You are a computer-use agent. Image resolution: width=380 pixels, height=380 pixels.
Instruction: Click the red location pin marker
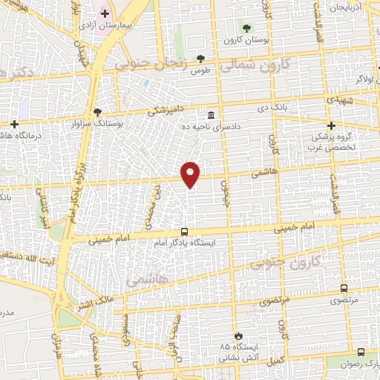coord(191,174)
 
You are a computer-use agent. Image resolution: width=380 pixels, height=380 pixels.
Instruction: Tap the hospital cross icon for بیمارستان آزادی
coord(105,13)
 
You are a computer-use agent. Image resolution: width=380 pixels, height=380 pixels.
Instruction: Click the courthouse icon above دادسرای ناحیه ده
coord(212,115)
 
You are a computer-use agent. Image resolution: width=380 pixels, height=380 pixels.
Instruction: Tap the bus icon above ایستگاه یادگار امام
coord(185,231)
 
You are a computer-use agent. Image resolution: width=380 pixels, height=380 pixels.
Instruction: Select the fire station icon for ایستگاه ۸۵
coord(237,336)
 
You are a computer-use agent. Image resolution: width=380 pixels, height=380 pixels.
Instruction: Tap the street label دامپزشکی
coord(166,112)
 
